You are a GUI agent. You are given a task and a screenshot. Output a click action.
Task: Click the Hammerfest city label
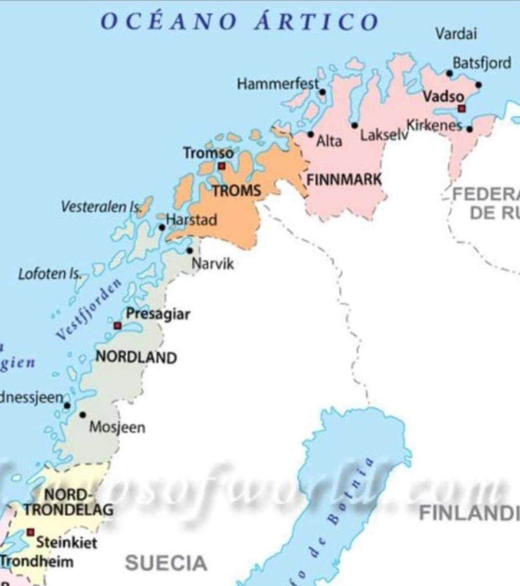[x=278, y=84]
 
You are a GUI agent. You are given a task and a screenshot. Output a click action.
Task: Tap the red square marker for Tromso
[x=222, y=166]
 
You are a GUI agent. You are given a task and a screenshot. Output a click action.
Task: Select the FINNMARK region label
[x=344, y=179]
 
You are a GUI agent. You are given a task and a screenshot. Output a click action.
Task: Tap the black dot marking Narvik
[x=190, y=251]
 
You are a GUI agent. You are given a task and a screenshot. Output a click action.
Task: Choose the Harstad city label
[x=191, y=220]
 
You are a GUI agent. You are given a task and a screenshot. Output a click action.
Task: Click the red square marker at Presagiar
[x=117, y=326]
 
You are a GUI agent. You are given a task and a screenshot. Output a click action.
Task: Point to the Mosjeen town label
[x=117, y=428]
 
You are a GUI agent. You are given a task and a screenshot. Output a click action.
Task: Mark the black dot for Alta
[x=311, y=134]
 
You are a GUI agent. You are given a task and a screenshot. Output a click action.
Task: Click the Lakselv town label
[x=384, y=135]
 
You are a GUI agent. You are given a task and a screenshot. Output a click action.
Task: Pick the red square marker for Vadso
[x=461, y=108]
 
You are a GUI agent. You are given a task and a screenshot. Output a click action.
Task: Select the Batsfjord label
[x=482, y=63]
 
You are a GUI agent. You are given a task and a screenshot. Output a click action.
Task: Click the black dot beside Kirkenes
[x=469, y=129]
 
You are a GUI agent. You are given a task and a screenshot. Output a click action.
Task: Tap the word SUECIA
[x=166, y=563]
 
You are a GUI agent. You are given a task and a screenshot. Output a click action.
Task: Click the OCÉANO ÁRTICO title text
[x=239, y=22]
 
